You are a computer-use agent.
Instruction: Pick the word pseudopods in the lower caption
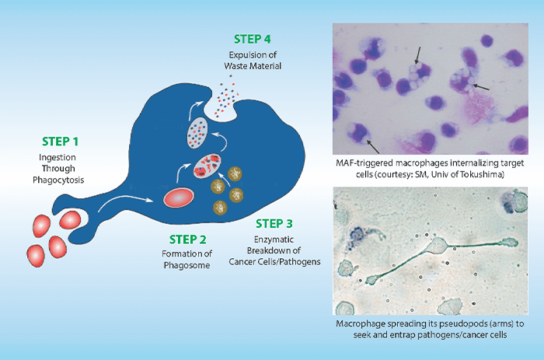coord(449,321)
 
